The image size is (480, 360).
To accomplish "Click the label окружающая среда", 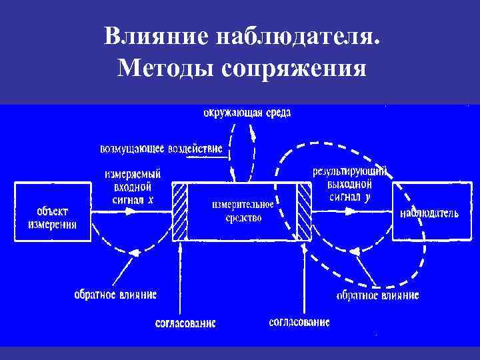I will (x=247, y=113).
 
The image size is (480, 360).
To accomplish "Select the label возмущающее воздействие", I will (x=161, y=149).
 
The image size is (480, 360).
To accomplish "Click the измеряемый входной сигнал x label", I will (x=133, y=186).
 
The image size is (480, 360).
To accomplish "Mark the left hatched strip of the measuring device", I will (x=180, y=211).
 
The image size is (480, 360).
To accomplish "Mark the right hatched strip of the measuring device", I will (x=304, y=211).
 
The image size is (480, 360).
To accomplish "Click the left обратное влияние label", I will (x=115, y=294).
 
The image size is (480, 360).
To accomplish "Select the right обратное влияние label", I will (x=377, y=295).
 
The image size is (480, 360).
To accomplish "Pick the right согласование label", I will (x=299, y=322).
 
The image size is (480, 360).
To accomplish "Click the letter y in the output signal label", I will (x=367, y=197).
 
